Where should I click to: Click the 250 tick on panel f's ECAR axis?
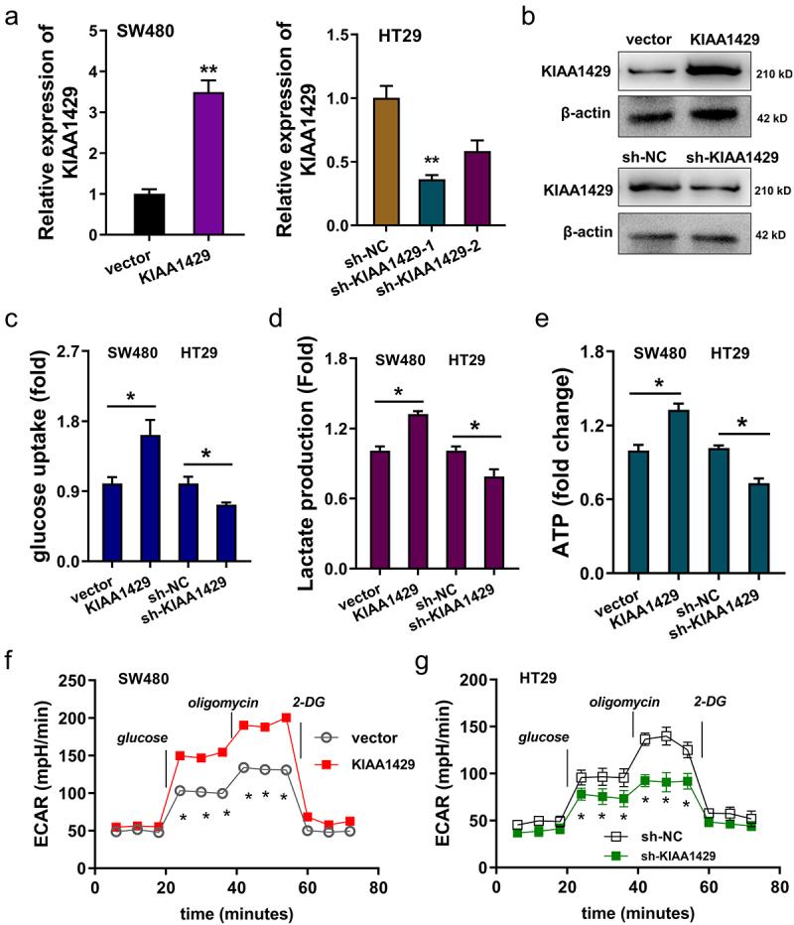coord(65,680)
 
